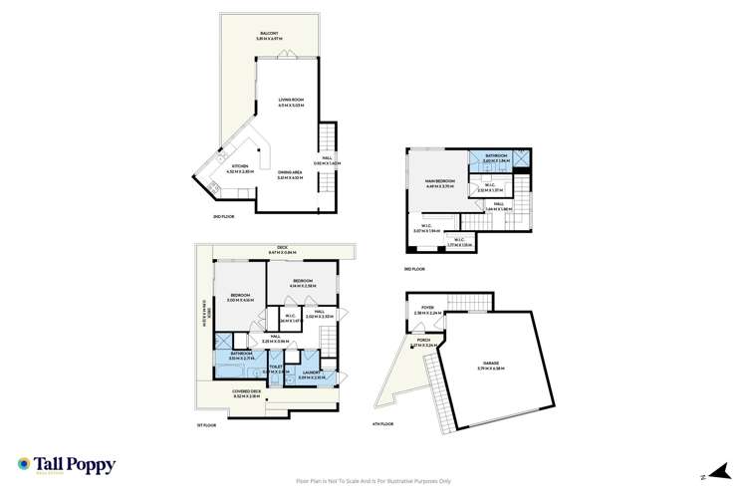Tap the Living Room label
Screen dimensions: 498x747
(291, 102)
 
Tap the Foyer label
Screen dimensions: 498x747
(427, 309)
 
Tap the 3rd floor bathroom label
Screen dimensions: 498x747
(496, 156)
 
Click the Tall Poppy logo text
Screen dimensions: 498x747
(67, 465)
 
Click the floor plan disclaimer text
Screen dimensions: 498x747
(373, 479)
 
